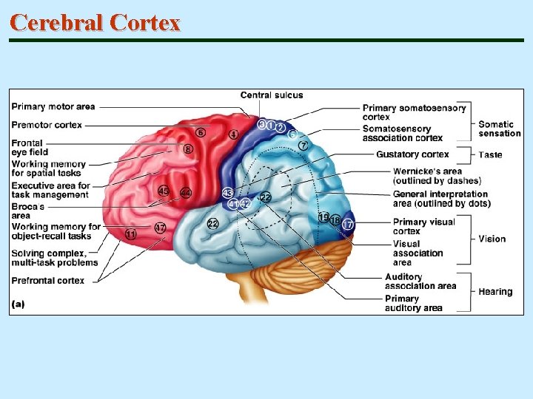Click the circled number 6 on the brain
tap(201, 132)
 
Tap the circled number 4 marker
tap(233, 134)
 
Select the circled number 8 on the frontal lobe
tap(188, 149)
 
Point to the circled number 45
tap(164, 192)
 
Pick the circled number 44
tap(186, 193)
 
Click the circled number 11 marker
tap(131, 234)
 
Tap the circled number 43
tap(228, 193)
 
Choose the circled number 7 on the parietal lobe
tap(304, 146)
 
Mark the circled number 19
tap(324, 217)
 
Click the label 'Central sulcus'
tap(271, 95)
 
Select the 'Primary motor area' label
tap(53, 107)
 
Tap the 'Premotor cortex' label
tap(47, 125)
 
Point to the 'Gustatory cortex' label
tap(412, 154)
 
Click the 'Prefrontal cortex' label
tap(47, 281)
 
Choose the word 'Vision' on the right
tap(492, 239)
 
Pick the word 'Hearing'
tap(495, 292)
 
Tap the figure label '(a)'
tap(19, 304)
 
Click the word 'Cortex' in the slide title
tap(144, 22)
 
